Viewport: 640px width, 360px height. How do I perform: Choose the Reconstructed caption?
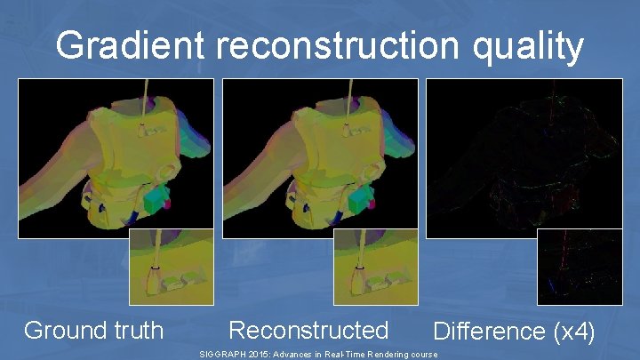308,331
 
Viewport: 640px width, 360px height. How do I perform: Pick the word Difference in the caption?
488,332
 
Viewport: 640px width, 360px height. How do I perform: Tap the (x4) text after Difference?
573,332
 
